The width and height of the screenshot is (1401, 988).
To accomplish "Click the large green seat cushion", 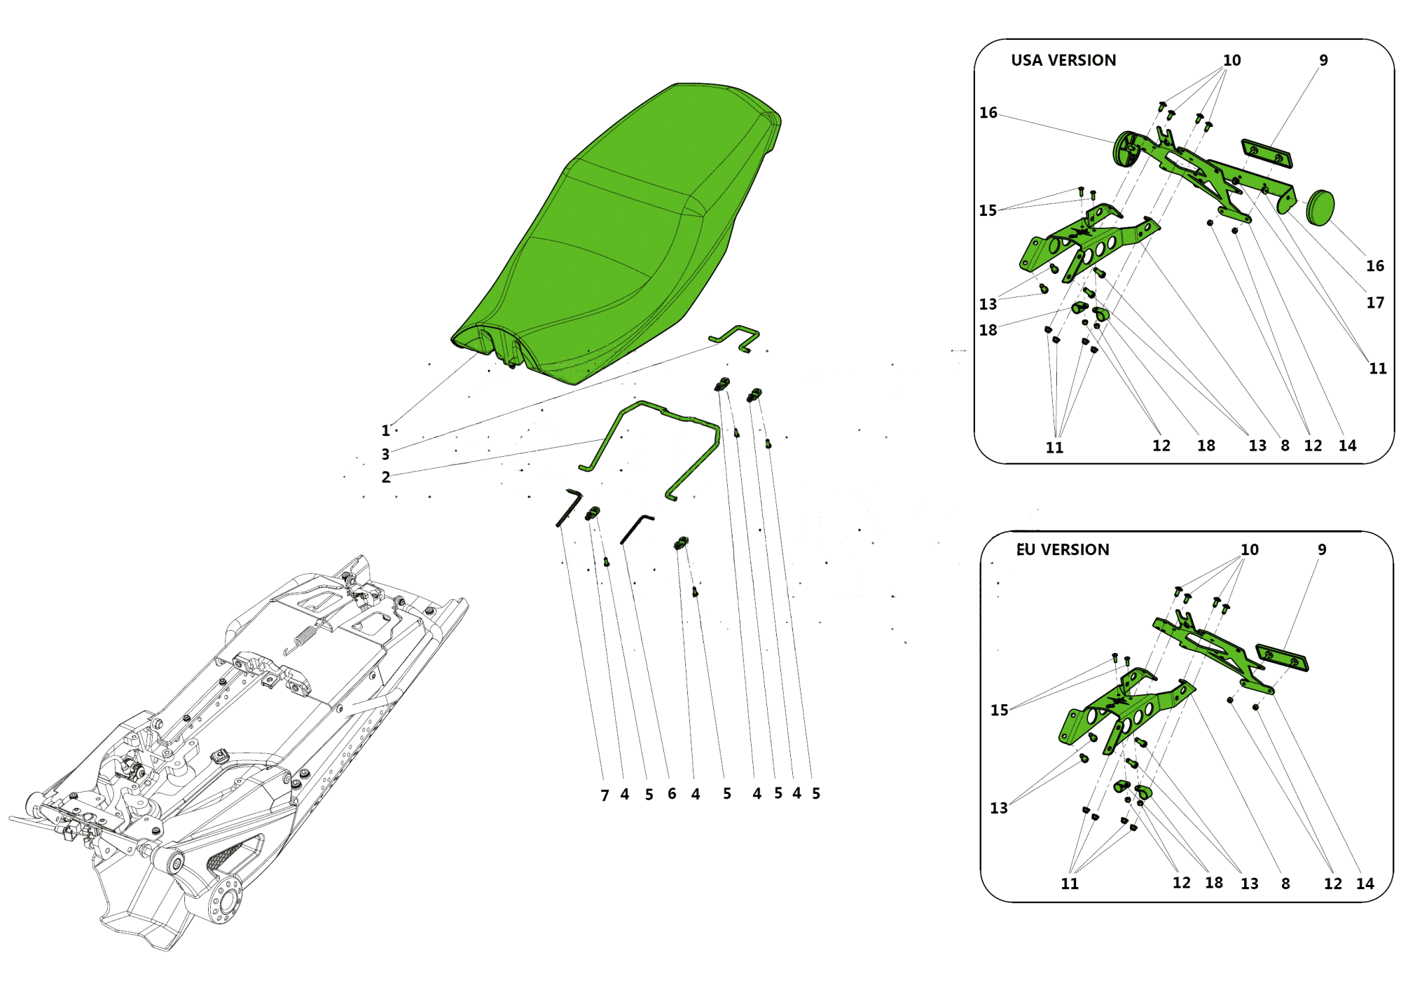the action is (616, 235).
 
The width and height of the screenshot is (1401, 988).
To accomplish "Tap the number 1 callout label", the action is (385, 430).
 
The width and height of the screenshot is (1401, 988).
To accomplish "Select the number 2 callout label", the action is (386, 477).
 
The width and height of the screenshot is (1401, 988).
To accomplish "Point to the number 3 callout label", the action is (385, 454).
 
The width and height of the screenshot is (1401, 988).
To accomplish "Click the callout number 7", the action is (605, 795).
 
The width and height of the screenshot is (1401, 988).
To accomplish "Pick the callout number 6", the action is (672, 794).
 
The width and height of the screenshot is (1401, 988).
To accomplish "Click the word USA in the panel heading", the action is (1027, 60).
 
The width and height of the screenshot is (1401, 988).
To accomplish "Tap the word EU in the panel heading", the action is (1026, 549).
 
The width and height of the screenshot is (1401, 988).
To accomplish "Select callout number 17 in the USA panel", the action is (1375, 303).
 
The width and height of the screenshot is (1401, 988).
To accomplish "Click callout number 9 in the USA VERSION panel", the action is (1323, 60).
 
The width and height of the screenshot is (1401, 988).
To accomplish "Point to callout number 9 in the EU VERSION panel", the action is (1322, 549).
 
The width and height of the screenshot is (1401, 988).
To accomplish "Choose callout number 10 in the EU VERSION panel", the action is (1250, 549).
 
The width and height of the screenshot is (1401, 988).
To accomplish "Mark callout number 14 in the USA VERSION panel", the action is (1347, 446).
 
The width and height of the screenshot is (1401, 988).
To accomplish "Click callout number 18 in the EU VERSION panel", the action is (1214, 883).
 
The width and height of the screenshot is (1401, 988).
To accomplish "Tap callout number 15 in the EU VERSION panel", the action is (999, 710).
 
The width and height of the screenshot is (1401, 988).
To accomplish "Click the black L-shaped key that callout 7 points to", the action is (569, 507).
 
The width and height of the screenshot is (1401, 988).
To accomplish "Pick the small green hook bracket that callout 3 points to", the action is (735, 338).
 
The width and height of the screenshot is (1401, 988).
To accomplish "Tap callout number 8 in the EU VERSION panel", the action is (1285, 884).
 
